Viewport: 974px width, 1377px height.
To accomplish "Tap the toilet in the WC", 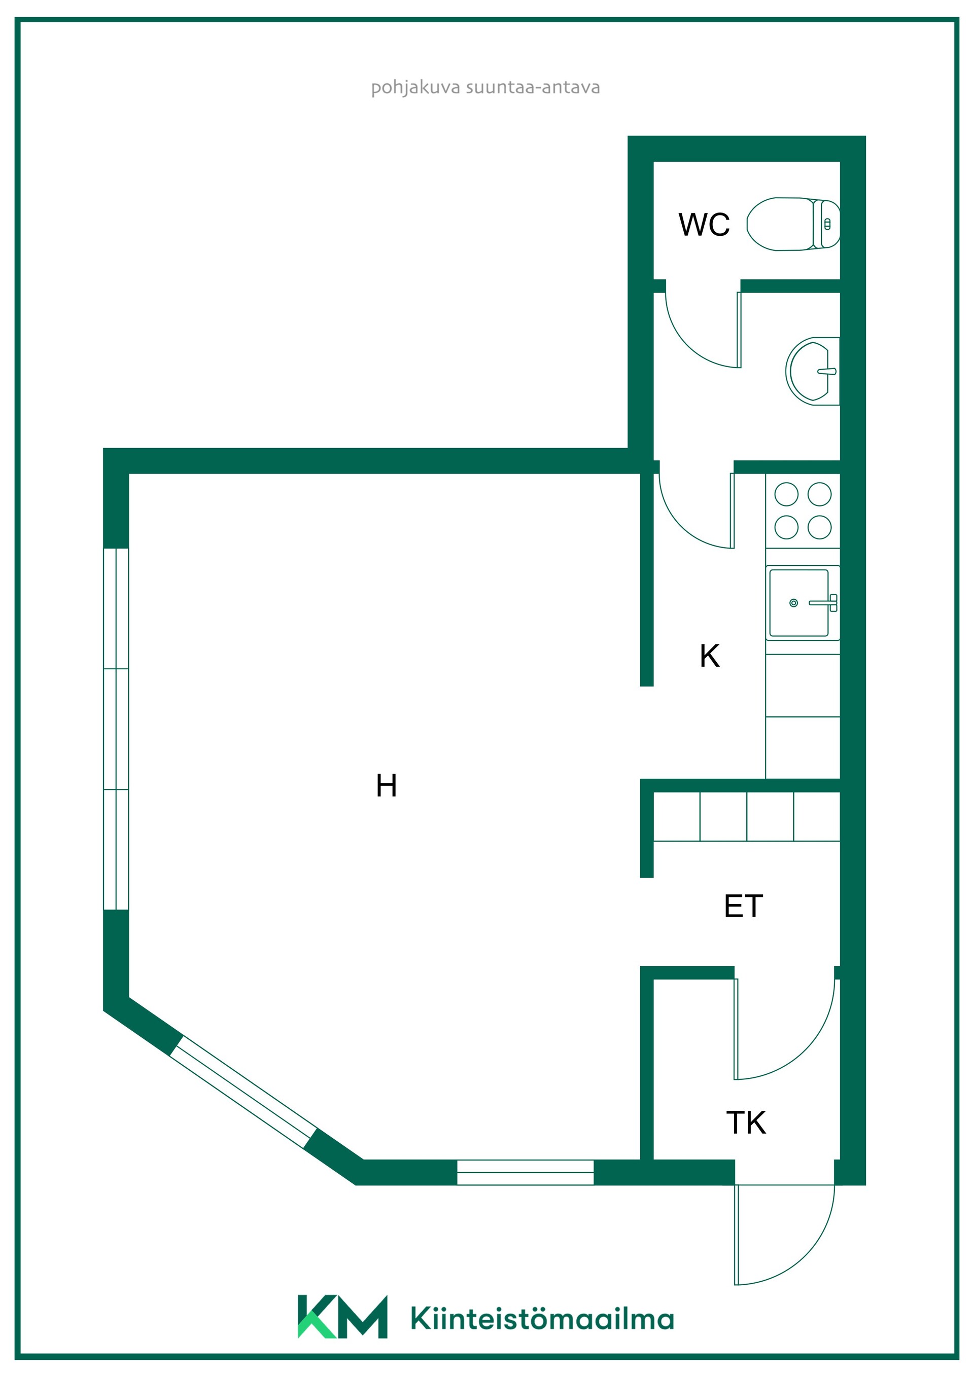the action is (793, 224).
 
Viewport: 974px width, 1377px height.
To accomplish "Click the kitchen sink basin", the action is (799, 603).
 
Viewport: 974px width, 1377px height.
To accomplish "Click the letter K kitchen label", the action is (709, 656).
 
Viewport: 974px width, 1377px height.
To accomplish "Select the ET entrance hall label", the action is (743, 905).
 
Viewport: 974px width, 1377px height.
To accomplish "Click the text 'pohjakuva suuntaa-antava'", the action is (485, 88).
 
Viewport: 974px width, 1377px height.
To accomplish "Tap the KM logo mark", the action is (342, 1317).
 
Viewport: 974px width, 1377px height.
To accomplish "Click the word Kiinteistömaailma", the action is (542, 1318).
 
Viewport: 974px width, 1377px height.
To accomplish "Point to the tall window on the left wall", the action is (116, 729).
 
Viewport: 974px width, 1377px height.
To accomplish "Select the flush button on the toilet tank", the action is (827, 224).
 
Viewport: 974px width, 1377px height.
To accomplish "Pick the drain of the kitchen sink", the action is (793, 603).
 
